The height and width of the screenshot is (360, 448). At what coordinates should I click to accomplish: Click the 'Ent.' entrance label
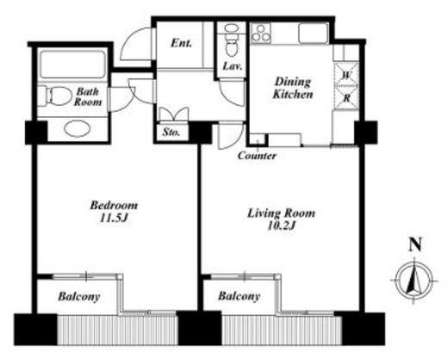tap(181, 43)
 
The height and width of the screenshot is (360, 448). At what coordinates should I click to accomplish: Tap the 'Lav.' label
tap(233, 66)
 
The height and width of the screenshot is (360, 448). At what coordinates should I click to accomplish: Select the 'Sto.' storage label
tap(171, 132)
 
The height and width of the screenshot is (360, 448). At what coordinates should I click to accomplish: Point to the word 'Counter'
tap(257, 156)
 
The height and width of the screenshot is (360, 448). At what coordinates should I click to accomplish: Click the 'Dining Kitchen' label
tap(293, 88)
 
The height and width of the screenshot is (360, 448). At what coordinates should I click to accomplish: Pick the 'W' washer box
tap(347, 74)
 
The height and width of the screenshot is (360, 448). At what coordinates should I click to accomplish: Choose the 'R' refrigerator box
tap(347, 97)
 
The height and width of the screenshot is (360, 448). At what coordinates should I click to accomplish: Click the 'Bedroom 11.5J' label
tap(114, 212)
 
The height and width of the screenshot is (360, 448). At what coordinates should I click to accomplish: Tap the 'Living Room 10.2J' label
tap(281, 220)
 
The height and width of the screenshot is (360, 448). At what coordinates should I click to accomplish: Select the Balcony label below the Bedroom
tap(79, 296)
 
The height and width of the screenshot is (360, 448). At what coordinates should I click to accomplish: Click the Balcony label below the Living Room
tap(239, 296)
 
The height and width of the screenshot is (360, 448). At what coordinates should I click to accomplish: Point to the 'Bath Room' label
tap(88, 97)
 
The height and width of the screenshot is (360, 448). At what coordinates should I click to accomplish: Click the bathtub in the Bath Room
tap(72, 65)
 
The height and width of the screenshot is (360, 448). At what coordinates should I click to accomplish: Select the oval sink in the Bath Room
tap(78, 129)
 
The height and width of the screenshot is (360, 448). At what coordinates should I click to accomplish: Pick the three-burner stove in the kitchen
tap(261, 34)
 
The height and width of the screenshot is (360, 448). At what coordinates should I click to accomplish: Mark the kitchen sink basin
tap(314, 34)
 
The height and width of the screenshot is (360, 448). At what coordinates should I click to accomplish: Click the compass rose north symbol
tap(414, 280)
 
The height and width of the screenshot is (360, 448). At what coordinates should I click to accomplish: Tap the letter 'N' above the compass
tap(415, 245)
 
